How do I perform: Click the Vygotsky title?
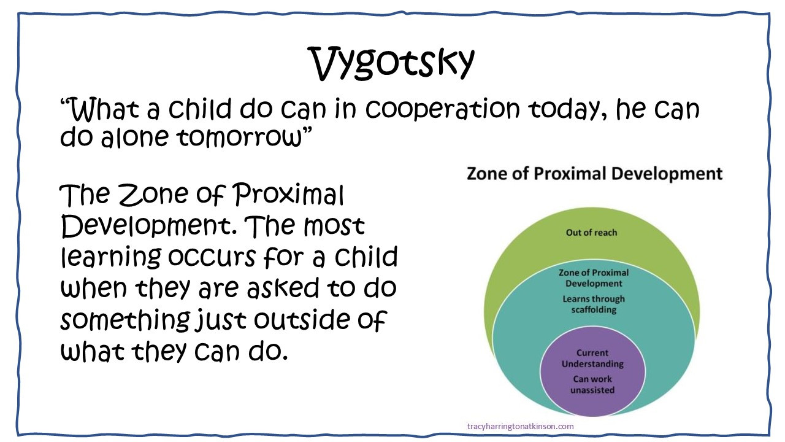[x=392, y=64]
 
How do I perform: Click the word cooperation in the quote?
[x=443, y=109]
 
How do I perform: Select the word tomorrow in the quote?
[x=239, y=137]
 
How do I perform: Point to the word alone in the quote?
[x=134, y=137]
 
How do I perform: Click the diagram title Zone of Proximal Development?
[x=595, y=174]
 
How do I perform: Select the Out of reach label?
[x=592, y=233]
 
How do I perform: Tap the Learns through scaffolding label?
[x=594, y=304]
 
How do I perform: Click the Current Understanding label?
[x=592, y=358]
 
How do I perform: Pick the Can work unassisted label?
[x=592, y=384]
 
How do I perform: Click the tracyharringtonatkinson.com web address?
[x=521, y=426]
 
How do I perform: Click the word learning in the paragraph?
[x=112, y=257]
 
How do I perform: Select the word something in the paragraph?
[x=126, y=320]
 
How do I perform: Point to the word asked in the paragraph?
[x=283, y=289]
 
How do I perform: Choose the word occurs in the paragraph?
[x=212, y=257]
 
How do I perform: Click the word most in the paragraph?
[x=335, y=227]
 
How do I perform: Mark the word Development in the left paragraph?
[x=149, y=227]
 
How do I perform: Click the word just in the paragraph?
[x=221, y=320]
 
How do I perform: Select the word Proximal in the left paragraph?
[x=289, y=195]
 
